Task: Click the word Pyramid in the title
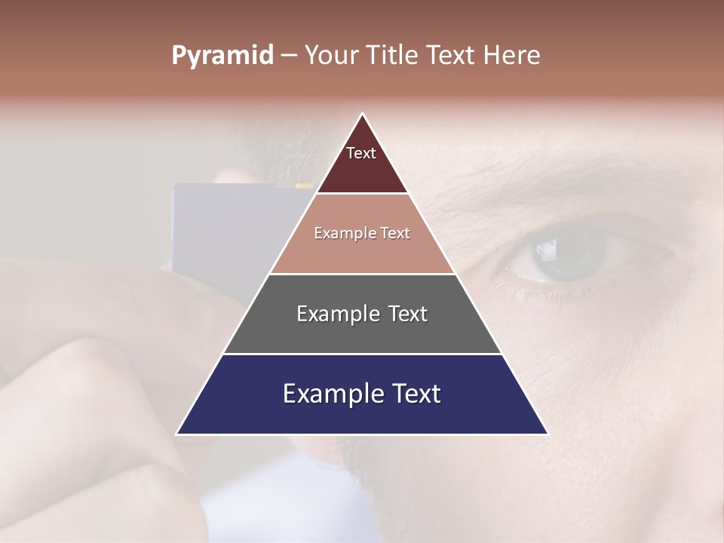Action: [x=222, y=56]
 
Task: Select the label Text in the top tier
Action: [x=361, y=153]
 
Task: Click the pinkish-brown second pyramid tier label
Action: [x=362, y=233]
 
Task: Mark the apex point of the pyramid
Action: [x=363, y=115]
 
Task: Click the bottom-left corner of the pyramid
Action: [x=178, y=433]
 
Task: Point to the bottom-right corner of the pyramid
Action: [x=547, y=433]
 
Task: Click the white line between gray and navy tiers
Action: [x=362, y=354]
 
